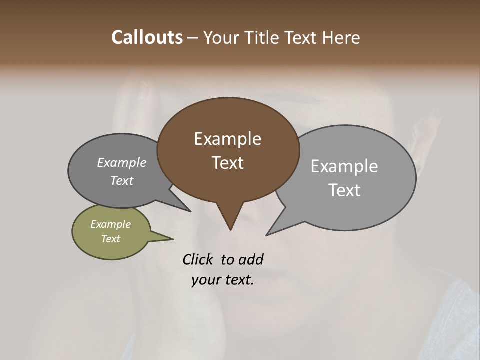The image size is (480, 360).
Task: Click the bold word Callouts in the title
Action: pyautogui.click(x=147, y=37)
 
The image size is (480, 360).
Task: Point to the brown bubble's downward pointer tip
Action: pyautogui.click(x=230, y=229)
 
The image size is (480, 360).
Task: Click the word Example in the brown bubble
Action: pyautogui.click(x=227, y=139)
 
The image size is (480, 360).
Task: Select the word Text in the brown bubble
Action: pyautogui.click(x=227, y=163)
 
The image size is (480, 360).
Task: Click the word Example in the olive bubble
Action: pyautogui.click(x=110, y=224)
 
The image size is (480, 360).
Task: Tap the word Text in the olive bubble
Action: pyautogui.click(x=110, y=239)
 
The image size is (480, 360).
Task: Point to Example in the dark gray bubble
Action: pyautogui.click(x=121, y=162)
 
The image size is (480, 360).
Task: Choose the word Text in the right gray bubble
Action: pyautogui.click(x=344, y=190)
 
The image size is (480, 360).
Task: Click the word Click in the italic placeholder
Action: pyautogui.click(x=198, y=259)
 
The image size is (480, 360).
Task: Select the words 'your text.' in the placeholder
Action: pyautogui.click(x=223, y=280)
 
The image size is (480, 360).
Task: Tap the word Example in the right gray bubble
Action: pyautogui.click(x=344, y=166)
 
